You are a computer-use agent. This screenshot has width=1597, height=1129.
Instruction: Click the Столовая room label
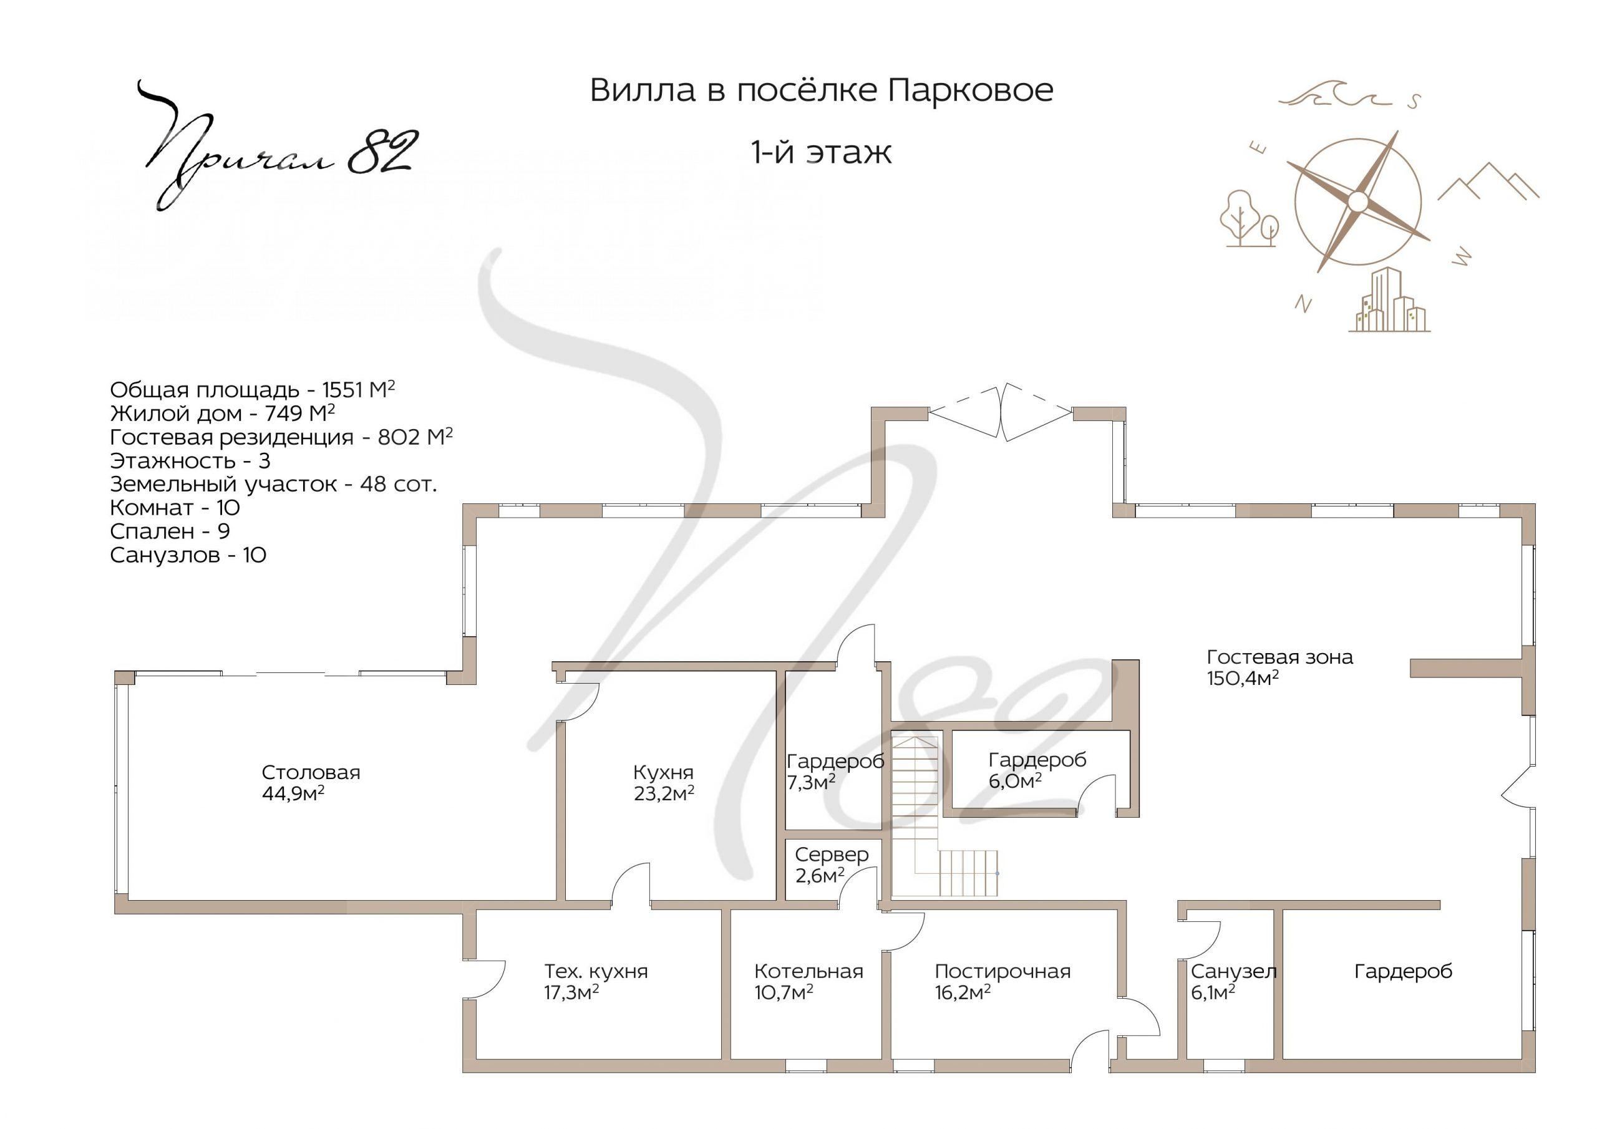tap(311, 772)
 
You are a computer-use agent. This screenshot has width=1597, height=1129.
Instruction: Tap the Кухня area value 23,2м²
tap(664, 793)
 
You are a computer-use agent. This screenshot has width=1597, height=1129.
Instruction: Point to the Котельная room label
tap(809, 971)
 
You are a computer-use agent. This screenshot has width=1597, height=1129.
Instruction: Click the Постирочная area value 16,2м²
tap(963, 992)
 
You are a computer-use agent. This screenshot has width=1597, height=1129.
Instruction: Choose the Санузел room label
tap(1233, 971)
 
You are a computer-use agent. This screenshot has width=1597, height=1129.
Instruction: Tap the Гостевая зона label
tap(1280, 657)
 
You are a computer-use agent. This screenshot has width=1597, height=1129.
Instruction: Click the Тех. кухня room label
tap(596, 971)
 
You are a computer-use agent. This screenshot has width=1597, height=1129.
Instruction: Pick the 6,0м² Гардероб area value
tap(1015, 780)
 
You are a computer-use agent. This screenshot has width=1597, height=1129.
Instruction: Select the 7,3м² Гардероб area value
tap(811, 783)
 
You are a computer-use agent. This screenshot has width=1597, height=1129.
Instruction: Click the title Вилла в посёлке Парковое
tap(822, 90)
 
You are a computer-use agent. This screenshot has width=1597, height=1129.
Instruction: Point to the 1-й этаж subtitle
tap(822, 152)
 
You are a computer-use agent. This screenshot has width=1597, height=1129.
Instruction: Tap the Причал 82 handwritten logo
tap(278, 146)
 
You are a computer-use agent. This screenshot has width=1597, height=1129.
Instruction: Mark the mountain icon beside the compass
tap(1488, 182)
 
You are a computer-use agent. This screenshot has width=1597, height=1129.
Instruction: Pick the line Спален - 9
tap(170, 531)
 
